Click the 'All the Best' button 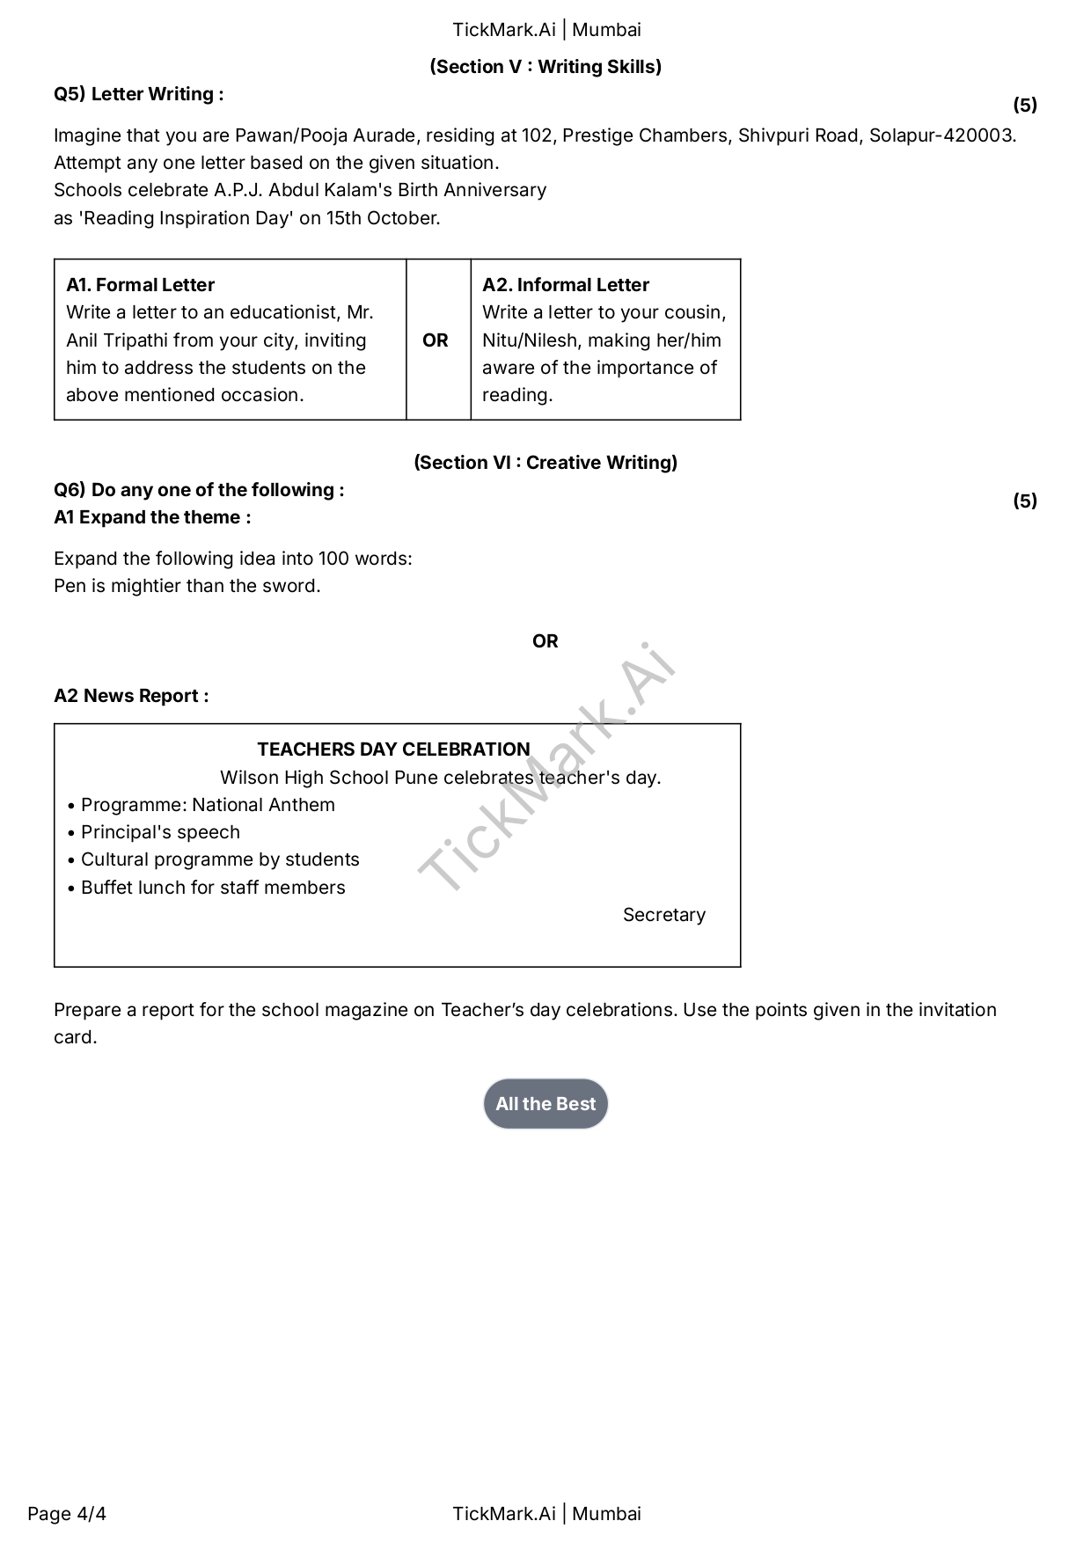pos(545,1103)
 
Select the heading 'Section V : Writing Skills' pos(545,67)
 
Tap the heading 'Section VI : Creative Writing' pos(545,463)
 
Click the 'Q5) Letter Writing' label pos(139,94)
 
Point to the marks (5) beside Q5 pos(1025,106)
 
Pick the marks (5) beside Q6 pos(1025,501)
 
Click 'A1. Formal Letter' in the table pos(140,285)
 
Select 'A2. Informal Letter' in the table pos(566,285)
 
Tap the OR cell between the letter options pos(436,340)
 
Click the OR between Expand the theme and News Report pos(545,641)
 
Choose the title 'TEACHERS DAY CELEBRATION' pos(394,750)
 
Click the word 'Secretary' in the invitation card pos(664,915)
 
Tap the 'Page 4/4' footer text pos(67,1514)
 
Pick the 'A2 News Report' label pos(131,696)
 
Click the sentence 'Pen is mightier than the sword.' pos(187,586)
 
